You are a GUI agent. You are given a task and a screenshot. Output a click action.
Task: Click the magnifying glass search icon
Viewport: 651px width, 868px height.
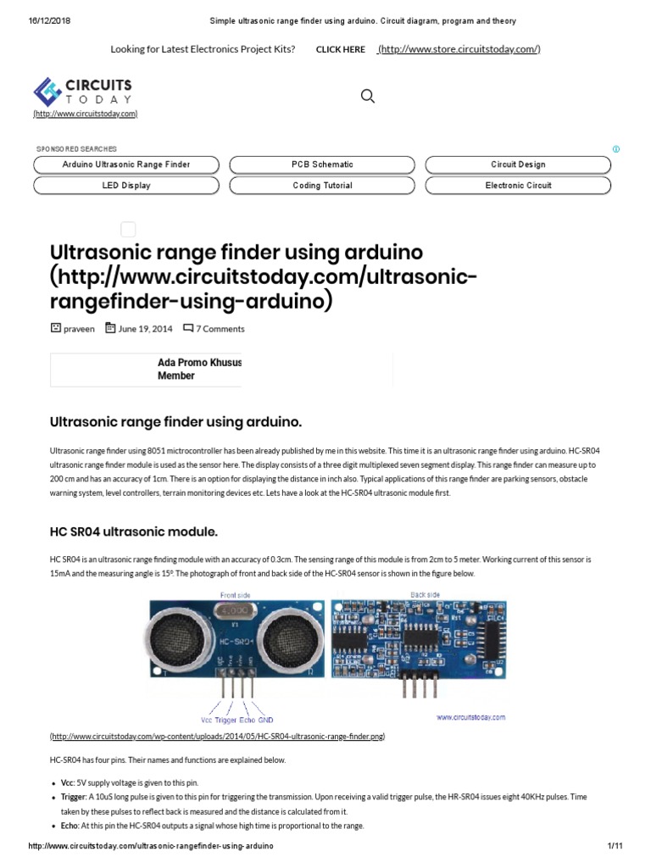tap(368, 96)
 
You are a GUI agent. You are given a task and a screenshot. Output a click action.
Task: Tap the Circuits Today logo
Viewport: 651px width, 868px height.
tap(84, 93)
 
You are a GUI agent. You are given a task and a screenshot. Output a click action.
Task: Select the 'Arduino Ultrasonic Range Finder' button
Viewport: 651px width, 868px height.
tap(126, 164)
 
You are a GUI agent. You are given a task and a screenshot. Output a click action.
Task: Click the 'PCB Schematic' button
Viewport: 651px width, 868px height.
tap(322, 164)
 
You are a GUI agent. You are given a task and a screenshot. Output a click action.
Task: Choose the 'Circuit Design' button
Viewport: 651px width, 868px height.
tap(518, 164)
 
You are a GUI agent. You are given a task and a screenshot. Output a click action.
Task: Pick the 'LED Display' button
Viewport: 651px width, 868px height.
tap(126, 185)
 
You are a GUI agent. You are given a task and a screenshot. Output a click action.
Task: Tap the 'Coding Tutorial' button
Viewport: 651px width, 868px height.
tap(322, 185)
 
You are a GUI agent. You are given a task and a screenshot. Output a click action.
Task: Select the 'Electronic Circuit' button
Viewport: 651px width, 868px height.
tap(518, 185)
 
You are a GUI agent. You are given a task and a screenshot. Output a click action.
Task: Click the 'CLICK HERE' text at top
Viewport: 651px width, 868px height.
tap(340, 49)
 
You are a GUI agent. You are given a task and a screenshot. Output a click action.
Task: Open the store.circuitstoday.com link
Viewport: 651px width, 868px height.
tap(459, 49)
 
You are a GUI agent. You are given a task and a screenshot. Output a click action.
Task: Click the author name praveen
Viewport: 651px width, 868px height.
tap(80, 329)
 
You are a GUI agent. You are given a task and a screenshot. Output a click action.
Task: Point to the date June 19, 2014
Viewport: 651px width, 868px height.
tap(145, 329)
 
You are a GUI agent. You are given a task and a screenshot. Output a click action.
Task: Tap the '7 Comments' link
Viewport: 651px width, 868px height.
tap(220, 329)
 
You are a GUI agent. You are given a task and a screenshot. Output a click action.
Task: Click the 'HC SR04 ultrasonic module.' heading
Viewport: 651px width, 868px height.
tap(134, 531)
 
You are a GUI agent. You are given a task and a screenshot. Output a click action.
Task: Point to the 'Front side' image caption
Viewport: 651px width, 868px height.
tap(235, 595)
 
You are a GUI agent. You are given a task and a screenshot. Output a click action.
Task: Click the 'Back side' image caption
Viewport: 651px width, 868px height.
tap(425, 595)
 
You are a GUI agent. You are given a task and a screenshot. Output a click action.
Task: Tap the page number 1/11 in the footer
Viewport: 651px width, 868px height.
tap(615, 847)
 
